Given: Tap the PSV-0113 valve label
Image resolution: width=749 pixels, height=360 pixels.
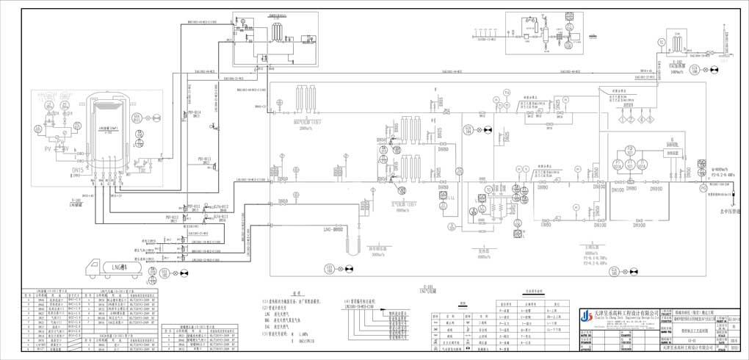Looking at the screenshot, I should pyautogui.click(x=203, y=159).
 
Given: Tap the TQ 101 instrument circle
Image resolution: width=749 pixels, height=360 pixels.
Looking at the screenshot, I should pyautogui.click(x=630, y=151).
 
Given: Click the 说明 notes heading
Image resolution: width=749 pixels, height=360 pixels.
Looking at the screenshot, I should pyautogui.click(x=297, y=292).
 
